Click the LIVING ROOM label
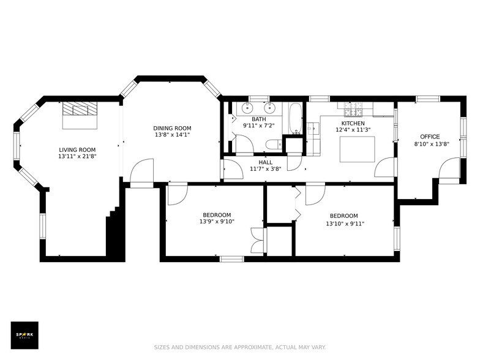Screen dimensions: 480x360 [x=77, y=149]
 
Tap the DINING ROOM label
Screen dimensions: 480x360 [x=172, y=129]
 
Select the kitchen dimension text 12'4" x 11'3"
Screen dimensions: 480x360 [x=353, y=130]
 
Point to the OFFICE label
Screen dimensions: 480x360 [x=430, y=137]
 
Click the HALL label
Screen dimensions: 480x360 [x=266, y=162]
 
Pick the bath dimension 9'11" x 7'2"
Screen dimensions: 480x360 [x=258, y=125]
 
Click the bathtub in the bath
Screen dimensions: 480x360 [x=295, y=118]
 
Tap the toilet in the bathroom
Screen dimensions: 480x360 [x=274, y=144]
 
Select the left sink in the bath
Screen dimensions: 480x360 [x=247, y=108]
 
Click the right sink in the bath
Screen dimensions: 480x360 [x=269, y=108]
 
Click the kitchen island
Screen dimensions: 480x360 [x=358, y=149]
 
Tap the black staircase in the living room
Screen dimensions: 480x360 [x=115, y=233]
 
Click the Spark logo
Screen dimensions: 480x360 [x=24, y=336]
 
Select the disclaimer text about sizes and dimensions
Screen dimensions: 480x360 [x=240, y=347]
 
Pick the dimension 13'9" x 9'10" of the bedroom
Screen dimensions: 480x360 [x=217, y=222]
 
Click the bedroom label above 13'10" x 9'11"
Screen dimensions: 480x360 [x=344, y=216]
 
